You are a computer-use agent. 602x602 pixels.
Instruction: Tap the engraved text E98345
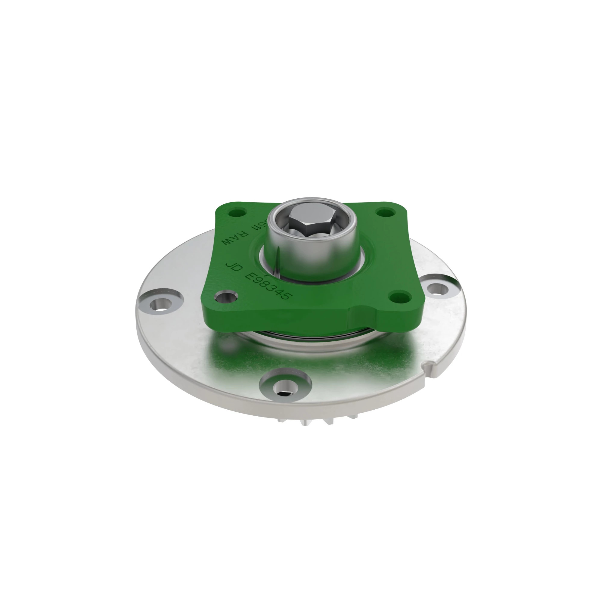(x=268, y=286)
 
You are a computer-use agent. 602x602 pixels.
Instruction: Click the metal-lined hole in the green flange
(x=226, y=297)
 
